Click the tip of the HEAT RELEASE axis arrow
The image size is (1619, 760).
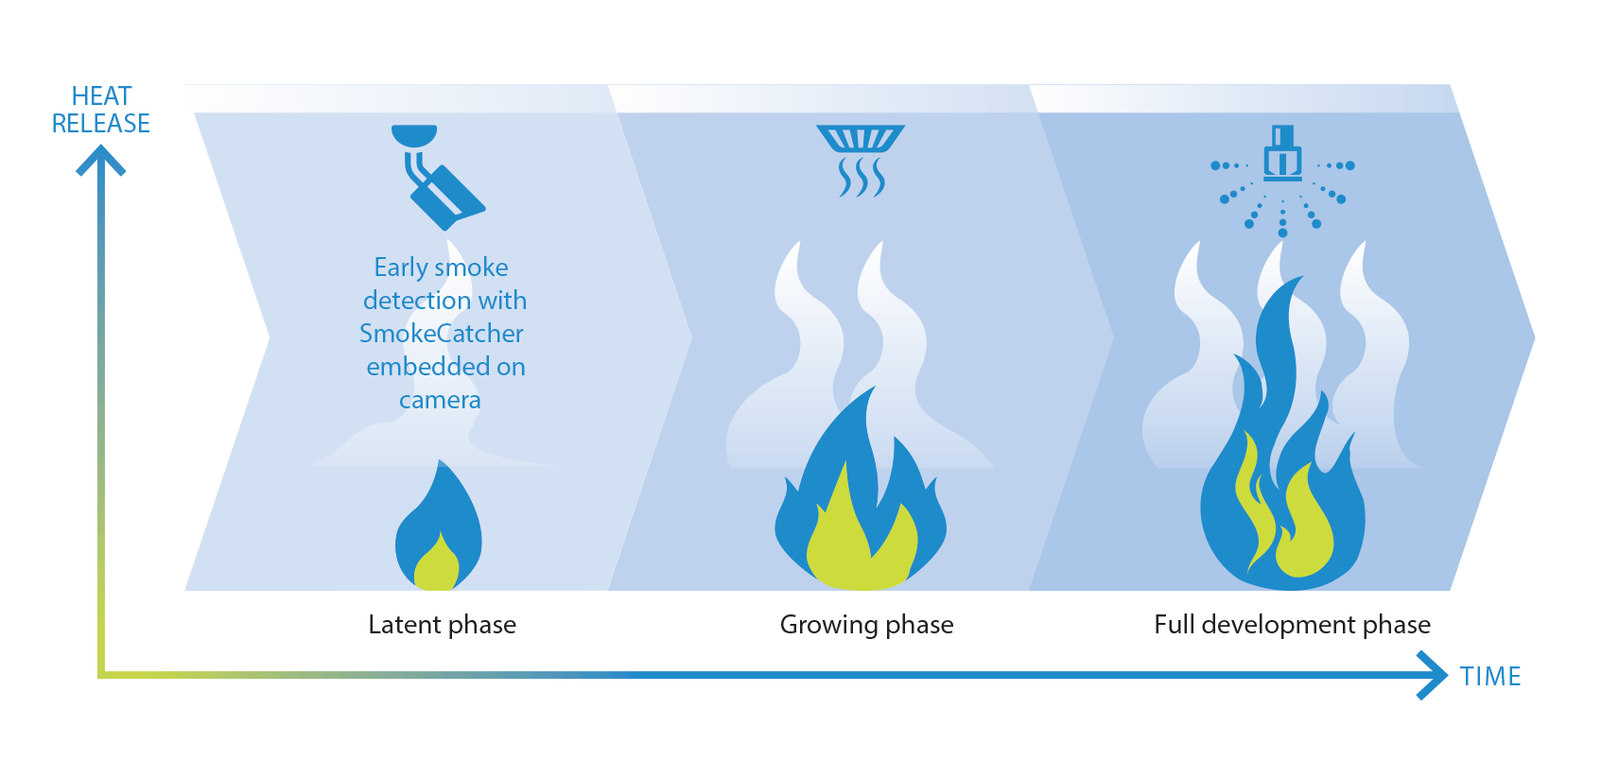pyautogui.click(x=101, y=146)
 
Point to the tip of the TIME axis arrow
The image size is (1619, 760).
pyautogui.click(x=1448, y=675)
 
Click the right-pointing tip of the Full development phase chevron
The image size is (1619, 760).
pyautogui.click(x=1535, y=337)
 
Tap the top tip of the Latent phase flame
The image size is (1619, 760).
pyautogui.click(x=440, y=460)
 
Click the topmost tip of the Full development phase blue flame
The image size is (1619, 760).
pyautogui.click(x=1303, y=276)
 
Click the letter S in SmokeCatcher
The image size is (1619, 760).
pyautogui.click(x=367, y=333)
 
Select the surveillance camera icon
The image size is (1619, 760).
pyautogui.click(x=439, y=177)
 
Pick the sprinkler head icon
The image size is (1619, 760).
pyautogui.click(x=1282, y=153)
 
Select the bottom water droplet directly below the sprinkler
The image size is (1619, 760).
pyautogui.click(x=1283, y=233)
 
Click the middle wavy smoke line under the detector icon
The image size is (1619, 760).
pyautogui.click(x=861, y=178)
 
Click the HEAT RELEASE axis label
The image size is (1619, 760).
pyautogui.click(x=101, y=110)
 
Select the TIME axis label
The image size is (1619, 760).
pyautogui.click(x=1490, y=676)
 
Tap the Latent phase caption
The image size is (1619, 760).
pyautogui.click(x=443, y=624)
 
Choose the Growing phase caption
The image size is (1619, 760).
pyautogui.click(x=866, y=625)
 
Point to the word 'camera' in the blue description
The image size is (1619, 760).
pyautogui.click(x=440, y=400)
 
